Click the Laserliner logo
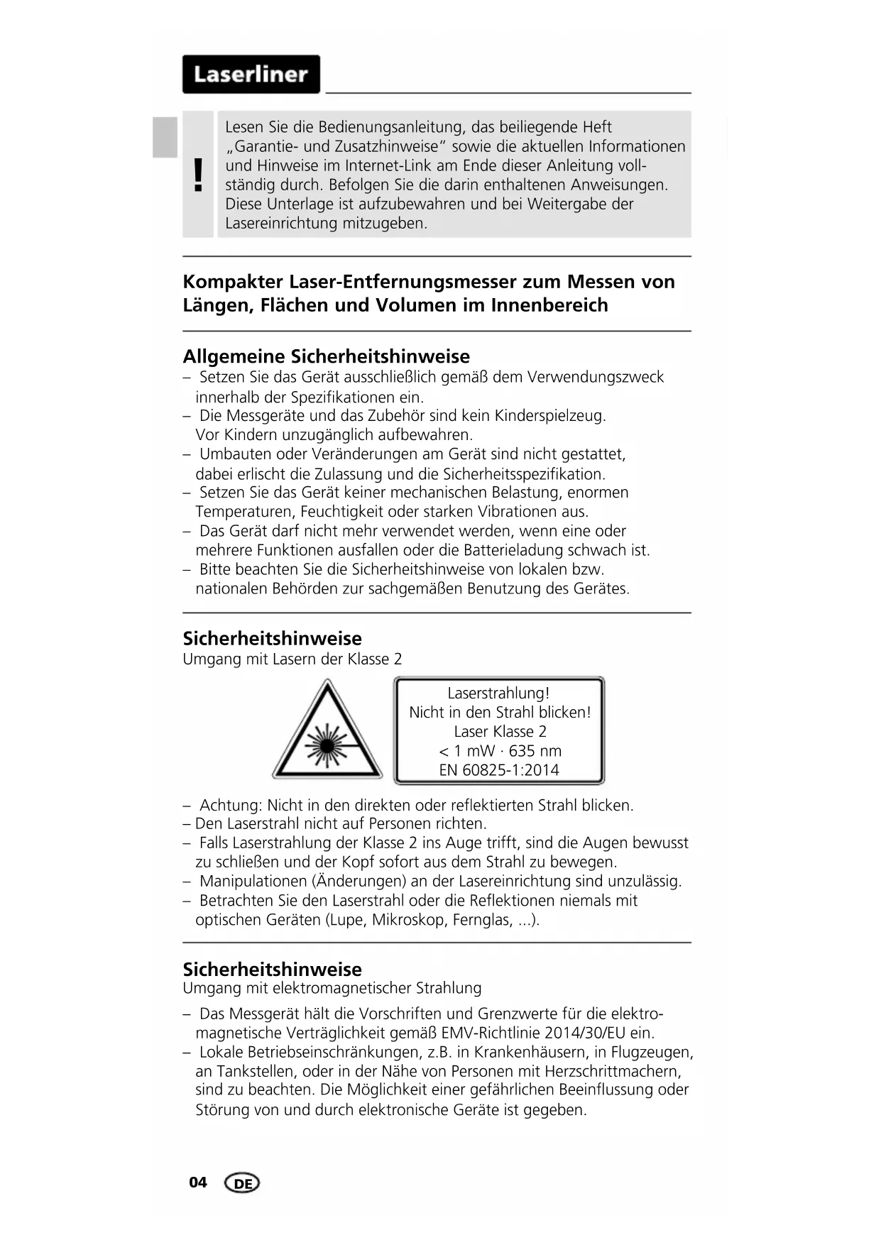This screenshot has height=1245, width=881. pyautogui.click(x=251, y=75)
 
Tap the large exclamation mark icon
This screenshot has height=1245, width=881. pyautogui.click(x=198, y=175)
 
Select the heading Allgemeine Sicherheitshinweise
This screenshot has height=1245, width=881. pyautogui.click(x=326, y=356)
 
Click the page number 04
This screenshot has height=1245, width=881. pyautogui.click(x=198, y=1182)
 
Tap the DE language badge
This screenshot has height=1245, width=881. pyautogui.click(x=242, y=1183)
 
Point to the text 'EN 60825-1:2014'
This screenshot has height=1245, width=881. pyautogui.click(x=499, y=770)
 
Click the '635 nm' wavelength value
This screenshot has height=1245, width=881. pyautogui.click(x=535, y=751)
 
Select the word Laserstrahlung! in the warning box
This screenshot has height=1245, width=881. pyautogui.click(x=498, y=693)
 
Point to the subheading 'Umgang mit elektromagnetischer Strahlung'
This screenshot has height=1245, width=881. pyautogui.click(x=332, y=988)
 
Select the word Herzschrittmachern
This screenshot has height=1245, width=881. pyautogui.click(x=609, y=1071)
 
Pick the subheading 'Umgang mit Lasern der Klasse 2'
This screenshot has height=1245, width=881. pyautogui.click(x=292, y=659)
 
